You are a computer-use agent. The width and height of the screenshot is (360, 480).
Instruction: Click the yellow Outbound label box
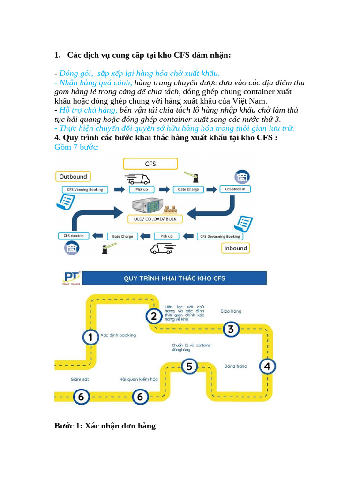click(73, 176)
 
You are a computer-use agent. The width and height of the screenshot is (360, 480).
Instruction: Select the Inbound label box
click(235, 247)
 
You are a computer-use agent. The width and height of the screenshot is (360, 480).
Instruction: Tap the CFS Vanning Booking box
click(85, 189)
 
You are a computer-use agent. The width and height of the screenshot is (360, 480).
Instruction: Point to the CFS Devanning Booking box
click(220, 236)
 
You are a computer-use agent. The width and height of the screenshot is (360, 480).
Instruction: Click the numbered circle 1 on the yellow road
click(90, 337)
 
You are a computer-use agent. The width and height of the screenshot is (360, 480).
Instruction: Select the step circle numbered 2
click(153, 316)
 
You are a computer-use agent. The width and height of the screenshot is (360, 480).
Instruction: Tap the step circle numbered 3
click(230, 329)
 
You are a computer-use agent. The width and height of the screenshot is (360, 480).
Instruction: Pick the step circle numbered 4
click(267, 366)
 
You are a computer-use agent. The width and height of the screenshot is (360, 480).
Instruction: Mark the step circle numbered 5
click(189, 366)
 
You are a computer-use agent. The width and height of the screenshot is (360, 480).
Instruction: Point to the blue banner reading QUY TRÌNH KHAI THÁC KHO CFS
click(174, 278)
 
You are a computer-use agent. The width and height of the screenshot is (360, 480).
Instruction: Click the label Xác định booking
click(121, 335)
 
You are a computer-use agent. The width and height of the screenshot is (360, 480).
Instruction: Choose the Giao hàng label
click(231, 311)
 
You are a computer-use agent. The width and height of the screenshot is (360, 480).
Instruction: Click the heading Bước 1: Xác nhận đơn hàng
click(105, 426)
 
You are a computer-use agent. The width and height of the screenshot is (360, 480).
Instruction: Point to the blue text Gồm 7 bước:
click(77, 147)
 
